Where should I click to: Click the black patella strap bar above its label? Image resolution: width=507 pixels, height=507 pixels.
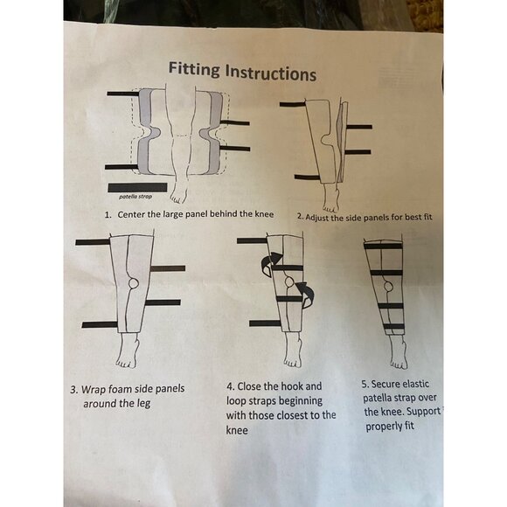137,187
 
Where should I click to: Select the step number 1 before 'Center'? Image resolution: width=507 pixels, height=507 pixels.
108,214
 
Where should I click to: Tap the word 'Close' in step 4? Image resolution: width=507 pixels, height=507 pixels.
256,385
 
